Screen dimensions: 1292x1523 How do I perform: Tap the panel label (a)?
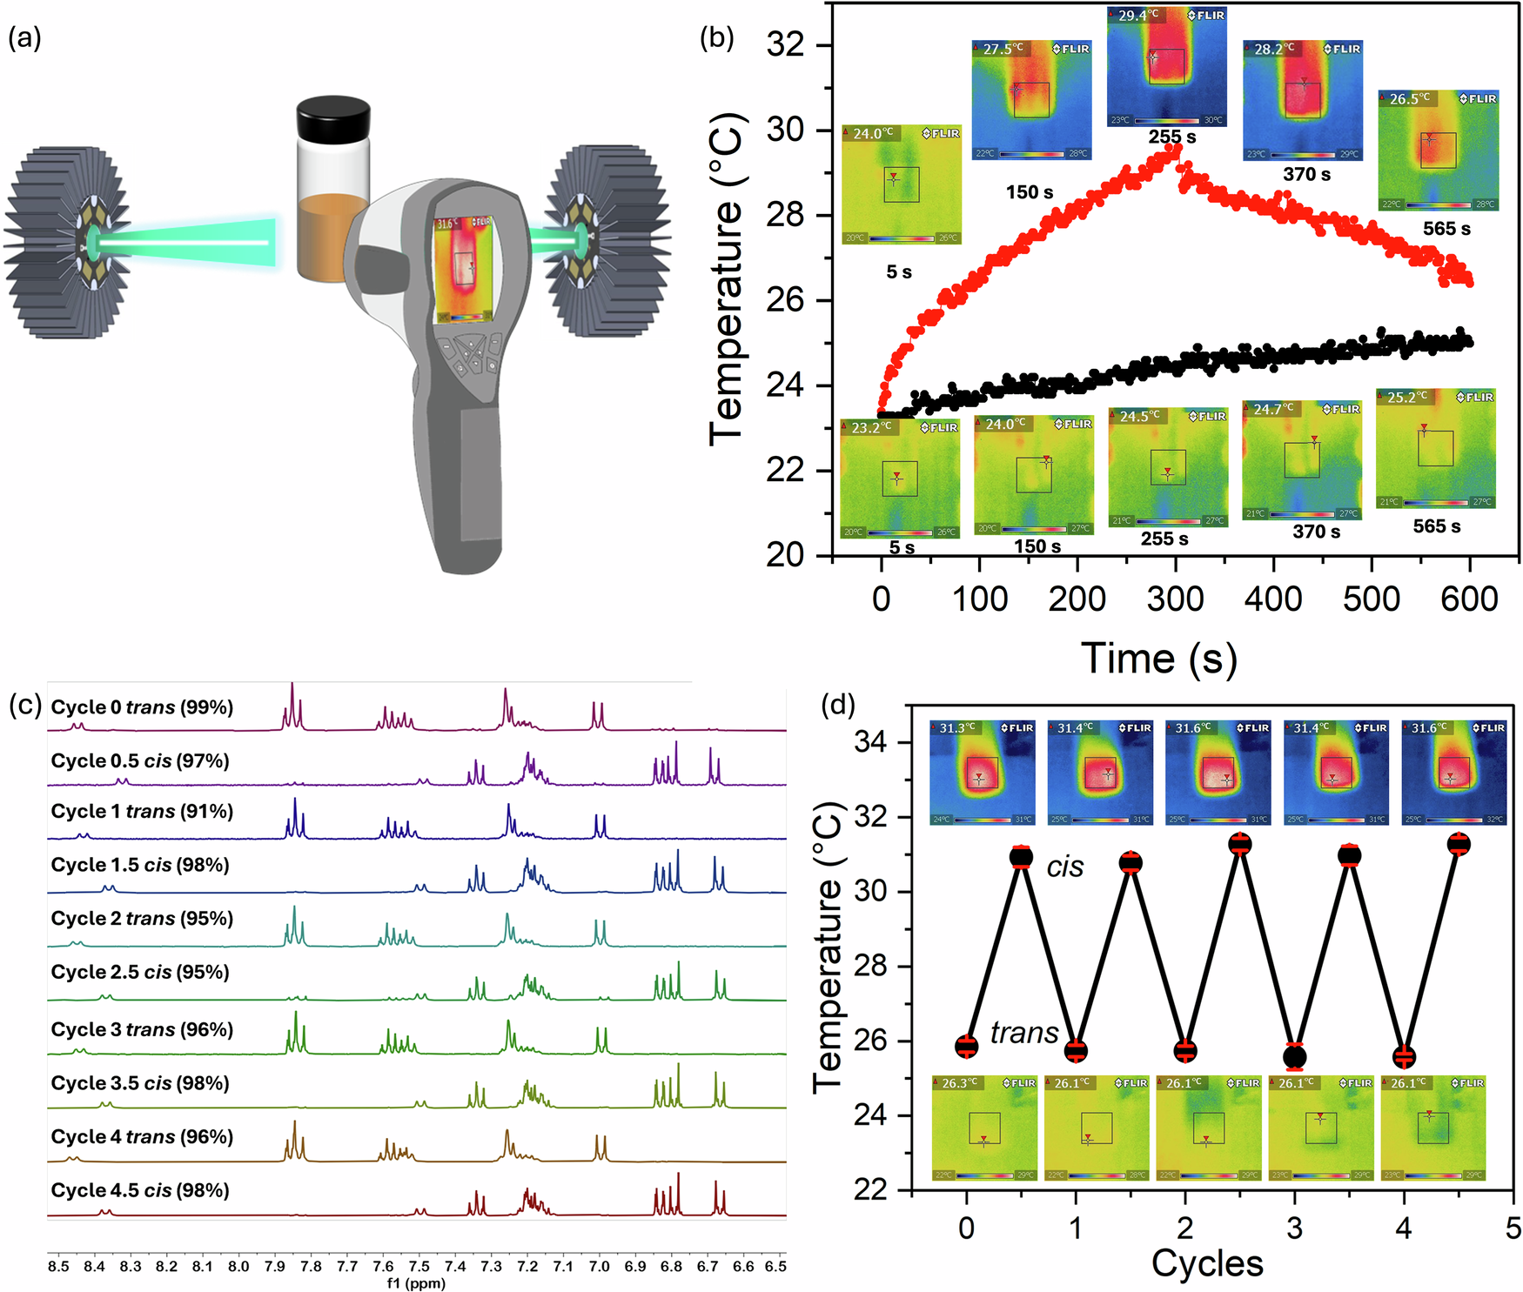pyautogui.click(x=24, y=37)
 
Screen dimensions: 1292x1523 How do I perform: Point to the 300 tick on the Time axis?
pyautogui.click(x=1175, y=599)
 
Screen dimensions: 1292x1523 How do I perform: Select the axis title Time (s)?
pyautogui.click(x=1158, y=658)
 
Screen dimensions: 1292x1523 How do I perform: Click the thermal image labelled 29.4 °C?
pyautogui.click(x=1166, y=66)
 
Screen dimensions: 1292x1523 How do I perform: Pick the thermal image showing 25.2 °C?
pyautogui.click(x=1436, y=447)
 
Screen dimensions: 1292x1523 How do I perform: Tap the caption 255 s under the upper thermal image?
pyautogui.click(x=1171, y=137)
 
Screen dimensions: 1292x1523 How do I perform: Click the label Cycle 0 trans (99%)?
pyautogui.click(x=142, y=707)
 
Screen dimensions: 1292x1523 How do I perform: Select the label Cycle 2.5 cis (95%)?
pyautogui.click(x=140, y=972)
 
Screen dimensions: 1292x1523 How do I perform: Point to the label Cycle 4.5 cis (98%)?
pyautogui.click(x=140, y=1190)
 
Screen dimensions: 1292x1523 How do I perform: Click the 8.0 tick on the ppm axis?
pyautogui.click(x=238, y=1267)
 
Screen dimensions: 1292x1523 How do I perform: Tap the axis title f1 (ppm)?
pyautogui.click(x=416, y=1283)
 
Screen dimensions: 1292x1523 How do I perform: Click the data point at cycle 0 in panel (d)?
pyautogui.click(x=967, y=1047)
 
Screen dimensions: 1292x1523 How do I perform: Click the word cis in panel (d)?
pyautogui.click(x=1065, y=867)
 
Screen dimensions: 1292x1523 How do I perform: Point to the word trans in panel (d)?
pyautogui.click(x=1024, y=1033)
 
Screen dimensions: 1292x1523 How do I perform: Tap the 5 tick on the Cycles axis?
pyautogui.click(x=1513, y=1228)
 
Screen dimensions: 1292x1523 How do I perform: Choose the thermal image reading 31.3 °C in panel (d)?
pyautogui.click(x=983, y=772)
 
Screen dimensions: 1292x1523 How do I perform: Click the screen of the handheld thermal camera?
pyautogui.click(x=463, y=271)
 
